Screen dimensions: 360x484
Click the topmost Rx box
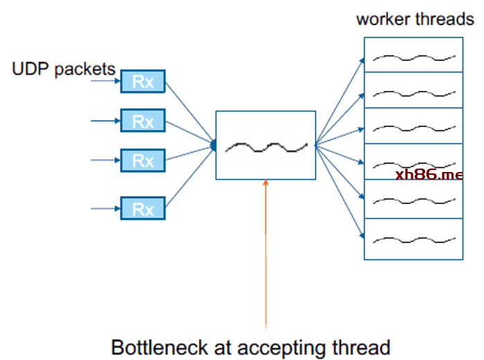142,82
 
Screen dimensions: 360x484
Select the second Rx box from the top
142,121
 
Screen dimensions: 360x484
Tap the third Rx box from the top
142,160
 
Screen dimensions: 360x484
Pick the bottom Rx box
142,208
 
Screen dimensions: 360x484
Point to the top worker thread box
414,54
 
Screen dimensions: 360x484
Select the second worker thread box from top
414,90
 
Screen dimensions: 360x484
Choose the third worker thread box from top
414,126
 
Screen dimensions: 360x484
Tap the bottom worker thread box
414,239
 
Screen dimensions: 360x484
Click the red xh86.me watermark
429,174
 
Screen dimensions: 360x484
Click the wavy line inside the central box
266,146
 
